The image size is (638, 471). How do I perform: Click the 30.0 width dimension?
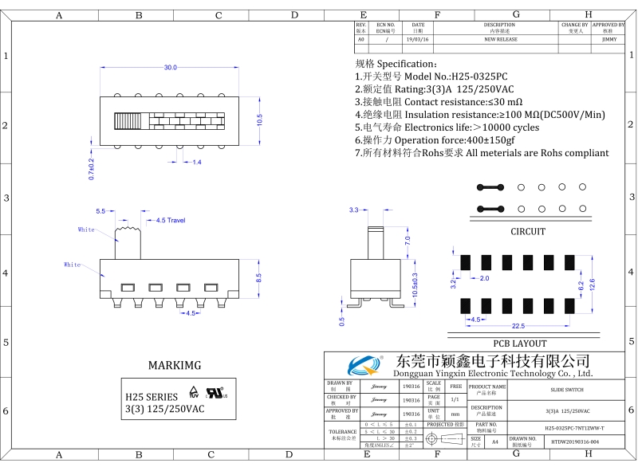(171, 68)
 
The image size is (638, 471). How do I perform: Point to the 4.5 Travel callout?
(171, 220)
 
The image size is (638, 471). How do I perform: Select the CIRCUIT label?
(528, 232)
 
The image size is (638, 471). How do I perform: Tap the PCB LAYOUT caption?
(519, 343)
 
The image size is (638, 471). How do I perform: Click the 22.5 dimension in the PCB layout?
(518, 326)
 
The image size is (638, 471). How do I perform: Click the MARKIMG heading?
(175, 366)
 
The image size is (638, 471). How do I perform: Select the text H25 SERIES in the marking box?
(152, 396)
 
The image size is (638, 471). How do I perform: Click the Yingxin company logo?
(365, 367)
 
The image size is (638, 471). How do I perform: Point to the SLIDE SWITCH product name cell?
(566, 390)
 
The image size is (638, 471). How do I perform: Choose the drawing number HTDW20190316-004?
(574, 441)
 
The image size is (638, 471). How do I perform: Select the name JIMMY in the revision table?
(609, 39)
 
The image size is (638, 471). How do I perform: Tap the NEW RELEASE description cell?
(501, 39)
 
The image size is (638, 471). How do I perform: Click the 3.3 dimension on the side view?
(354, 210)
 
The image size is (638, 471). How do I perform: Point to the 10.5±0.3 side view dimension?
(415, 285)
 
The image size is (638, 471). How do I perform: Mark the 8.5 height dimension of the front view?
(258, 278)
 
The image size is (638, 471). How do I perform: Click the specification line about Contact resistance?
(439, 102)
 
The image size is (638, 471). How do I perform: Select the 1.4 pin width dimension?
(197, 162)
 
